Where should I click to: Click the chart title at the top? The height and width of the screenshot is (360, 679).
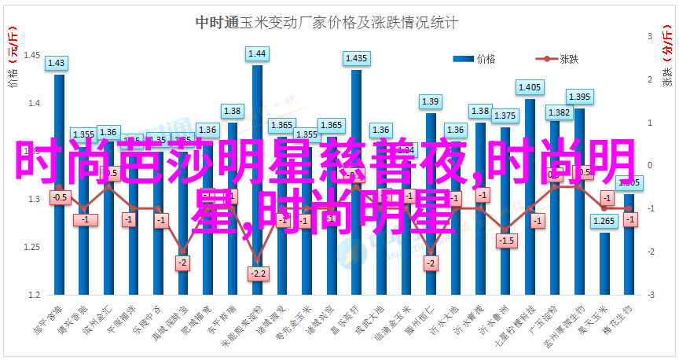(x=326, y=23)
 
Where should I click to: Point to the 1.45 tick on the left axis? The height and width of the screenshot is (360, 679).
(x=33, y=56)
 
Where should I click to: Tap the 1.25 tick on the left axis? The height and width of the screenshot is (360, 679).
(x=33, y=248)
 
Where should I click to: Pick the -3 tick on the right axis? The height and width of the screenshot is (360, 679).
(x=651, y=296)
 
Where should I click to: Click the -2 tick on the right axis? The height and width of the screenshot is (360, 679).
(x=651, y=252)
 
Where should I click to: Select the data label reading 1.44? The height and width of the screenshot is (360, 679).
(x=257, y=54)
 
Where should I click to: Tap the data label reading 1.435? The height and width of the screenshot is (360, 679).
(x=356, y=59)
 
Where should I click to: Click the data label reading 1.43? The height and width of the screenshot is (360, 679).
(x=57, y=64)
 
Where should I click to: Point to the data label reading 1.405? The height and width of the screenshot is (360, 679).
(x=530, y=87)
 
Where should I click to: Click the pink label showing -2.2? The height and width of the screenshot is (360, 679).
(x=257, y=274)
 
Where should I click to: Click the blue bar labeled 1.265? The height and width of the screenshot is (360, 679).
(x=604, y=263)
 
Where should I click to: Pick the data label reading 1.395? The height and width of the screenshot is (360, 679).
(x=579, y=97)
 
